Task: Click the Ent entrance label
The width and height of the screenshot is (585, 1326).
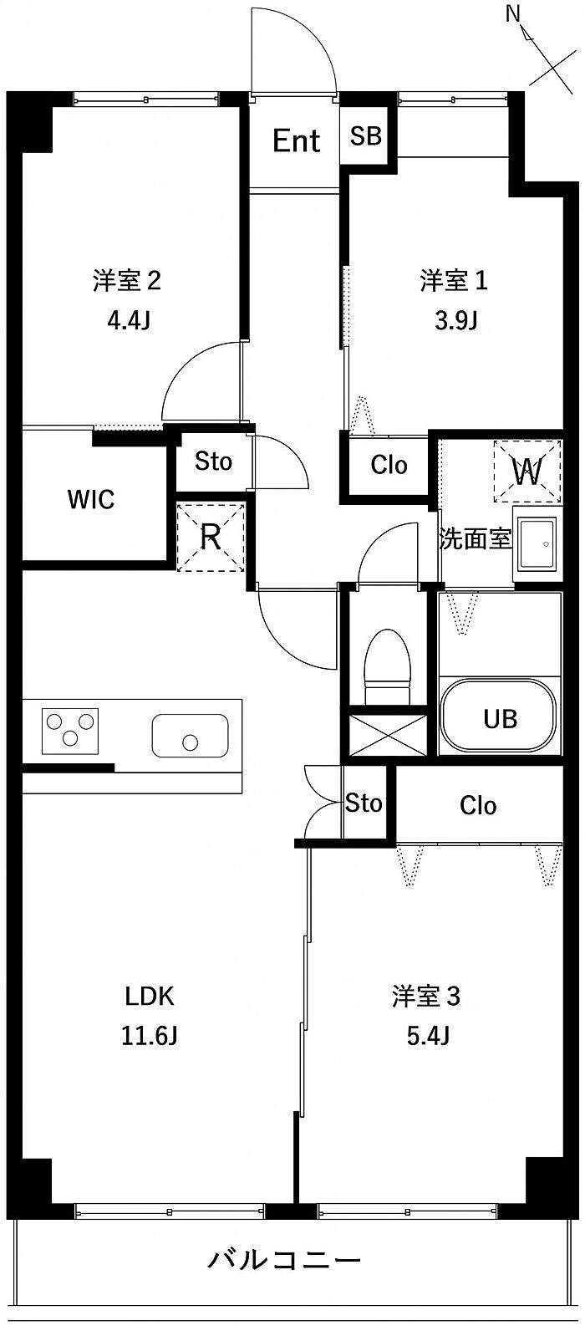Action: point(297,141)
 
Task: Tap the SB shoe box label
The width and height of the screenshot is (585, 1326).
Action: point(365,136)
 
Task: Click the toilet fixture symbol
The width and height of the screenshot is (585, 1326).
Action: point(388,666)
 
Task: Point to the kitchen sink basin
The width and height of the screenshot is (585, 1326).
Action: point(191,735)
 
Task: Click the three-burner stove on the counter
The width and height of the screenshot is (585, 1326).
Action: point(70,731)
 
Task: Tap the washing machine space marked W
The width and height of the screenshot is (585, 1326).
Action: point(527,472)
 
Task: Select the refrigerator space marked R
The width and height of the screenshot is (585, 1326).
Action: point(211,536)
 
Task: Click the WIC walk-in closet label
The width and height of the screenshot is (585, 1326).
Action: point(91,500)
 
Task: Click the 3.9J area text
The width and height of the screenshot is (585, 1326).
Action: point(455,320)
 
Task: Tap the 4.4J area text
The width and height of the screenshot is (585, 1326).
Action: point(129,320)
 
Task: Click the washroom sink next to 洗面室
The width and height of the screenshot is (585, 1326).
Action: point(537,543)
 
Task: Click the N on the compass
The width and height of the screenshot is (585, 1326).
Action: point(512,13)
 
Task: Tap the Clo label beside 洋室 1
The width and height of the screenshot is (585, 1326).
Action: point(389,466)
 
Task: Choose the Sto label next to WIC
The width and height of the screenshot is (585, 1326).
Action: point(213,462)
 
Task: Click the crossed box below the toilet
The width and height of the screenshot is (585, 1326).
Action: point(388,735)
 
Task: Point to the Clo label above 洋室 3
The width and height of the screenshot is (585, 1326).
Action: point(478,805)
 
